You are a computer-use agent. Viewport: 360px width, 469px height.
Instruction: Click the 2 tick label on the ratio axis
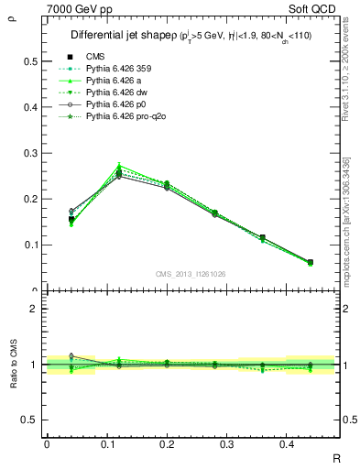[x=34, y=309]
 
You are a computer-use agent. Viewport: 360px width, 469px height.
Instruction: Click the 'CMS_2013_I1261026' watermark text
[x=191, y=273]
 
